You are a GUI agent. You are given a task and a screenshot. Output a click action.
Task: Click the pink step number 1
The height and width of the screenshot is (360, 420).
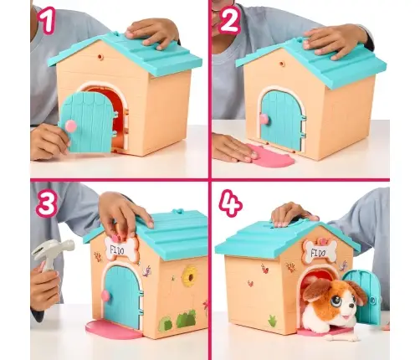(47, 20)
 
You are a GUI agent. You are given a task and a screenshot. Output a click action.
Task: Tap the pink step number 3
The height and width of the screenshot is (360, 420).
(47, 203)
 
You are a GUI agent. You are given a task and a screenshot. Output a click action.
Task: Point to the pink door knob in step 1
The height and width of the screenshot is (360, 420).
(71, 125)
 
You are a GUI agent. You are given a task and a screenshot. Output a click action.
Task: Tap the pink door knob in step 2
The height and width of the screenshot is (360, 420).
(264, 119)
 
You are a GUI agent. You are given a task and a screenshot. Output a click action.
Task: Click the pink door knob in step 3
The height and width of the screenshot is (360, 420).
(106, 296)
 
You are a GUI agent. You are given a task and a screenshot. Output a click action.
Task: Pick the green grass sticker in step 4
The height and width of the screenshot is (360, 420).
(272, 321)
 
